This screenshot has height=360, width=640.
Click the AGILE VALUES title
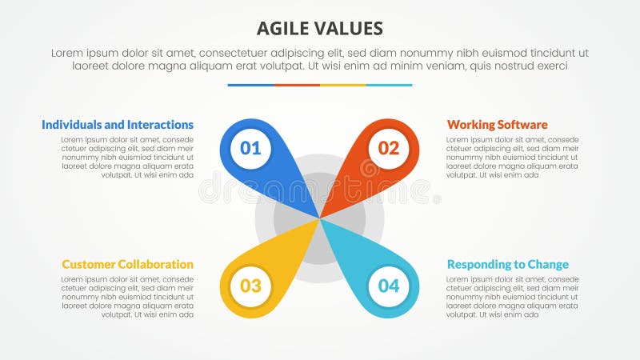point(320,29)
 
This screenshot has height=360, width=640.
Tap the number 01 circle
point(250,147)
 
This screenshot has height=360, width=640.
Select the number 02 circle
point(389,147)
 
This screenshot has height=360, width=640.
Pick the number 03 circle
point(250,286)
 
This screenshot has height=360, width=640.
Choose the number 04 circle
point(389,286)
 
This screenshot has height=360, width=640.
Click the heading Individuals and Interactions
point(118,125)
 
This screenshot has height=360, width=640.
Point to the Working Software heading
point(497,125)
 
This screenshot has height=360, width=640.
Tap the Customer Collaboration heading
point(127,264)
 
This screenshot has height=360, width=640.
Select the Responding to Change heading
point(507,264)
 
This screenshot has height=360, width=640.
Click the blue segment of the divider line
point(250,85)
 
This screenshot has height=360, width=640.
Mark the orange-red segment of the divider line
point(297,85)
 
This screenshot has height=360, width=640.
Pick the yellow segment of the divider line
point(343,85)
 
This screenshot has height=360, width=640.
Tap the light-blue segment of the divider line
point(390,85)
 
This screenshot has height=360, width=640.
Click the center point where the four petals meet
point(320,218)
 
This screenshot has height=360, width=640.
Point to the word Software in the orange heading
point(522,125)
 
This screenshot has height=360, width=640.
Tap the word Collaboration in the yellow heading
point(155,264)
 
